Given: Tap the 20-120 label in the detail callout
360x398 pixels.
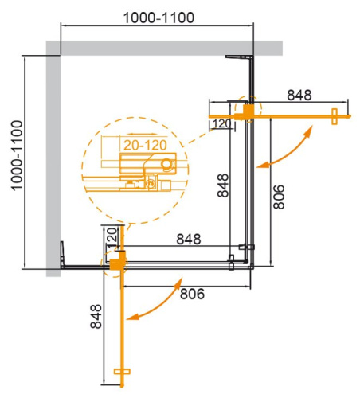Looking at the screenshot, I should click(x=144, y=144).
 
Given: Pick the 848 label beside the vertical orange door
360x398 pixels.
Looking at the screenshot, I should click(x=96, y=318).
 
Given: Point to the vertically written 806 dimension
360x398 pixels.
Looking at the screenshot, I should click(x=277, y=193).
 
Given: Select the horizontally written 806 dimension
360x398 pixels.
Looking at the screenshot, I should click(x=191, y=294).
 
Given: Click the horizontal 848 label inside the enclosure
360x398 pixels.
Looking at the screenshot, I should click(x=188, y=238).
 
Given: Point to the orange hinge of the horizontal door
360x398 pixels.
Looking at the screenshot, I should click(x=250, y=110).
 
